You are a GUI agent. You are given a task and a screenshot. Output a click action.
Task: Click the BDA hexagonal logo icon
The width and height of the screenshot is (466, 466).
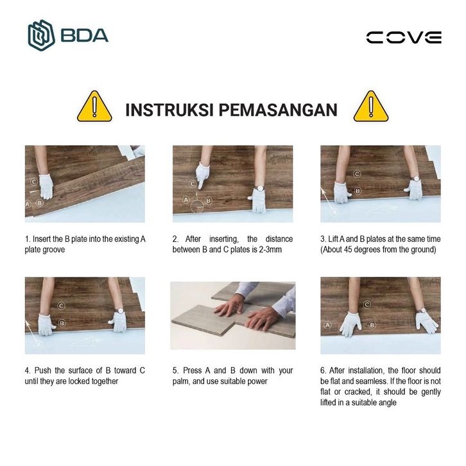click(41, 35)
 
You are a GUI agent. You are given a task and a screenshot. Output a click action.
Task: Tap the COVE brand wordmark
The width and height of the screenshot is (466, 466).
click(404, 37)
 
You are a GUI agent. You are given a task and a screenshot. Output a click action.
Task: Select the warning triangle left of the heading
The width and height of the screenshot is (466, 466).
click(94, 107)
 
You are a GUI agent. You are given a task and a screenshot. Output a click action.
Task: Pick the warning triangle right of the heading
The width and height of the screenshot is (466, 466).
click(371, 107)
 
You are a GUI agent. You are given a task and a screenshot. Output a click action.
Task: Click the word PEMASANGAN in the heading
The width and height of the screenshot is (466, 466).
click(278, 110)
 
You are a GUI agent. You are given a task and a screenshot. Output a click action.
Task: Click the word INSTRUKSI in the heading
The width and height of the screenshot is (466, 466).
click(169, 110)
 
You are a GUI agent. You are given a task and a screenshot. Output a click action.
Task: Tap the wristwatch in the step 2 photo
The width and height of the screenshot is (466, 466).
click(259, 188)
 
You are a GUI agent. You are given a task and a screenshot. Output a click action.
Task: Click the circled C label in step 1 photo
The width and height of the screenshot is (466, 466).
click(34, 182)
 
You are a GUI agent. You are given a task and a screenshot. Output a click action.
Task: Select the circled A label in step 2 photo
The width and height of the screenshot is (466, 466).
click(186, 200)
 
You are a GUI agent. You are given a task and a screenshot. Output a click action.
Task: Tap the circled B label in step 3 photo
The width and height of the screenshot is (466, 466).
click(358, 191)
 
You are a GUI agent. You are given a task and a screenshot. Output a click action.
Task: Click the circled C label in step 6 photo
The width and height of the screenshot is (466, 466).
click(367, 304)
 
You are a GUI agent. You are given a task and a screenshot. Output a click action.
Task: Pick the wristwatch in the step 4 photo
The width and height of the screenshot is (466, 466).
click(121, 311)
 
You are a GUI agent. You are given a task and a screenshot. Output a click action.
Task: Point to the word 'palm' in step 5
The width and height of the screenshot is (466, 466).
click(181, 382)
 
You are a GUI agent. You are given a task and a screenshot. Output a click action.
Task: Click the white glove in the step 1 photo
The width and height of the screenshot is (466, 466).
click(46, 187)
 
